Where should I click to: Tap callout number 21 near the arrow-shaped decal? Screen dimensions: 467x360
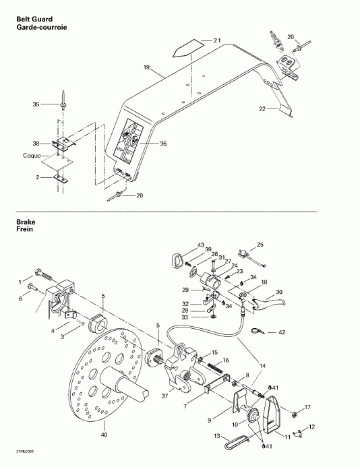coord(217,42)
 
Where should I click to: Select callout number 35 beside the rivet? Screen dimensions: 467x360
coord(36,104)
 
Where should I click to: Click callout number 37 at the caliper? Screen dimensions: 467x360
coord(164,396)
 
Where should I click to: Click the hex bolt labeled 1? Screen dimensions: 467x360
coord(45,277)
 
